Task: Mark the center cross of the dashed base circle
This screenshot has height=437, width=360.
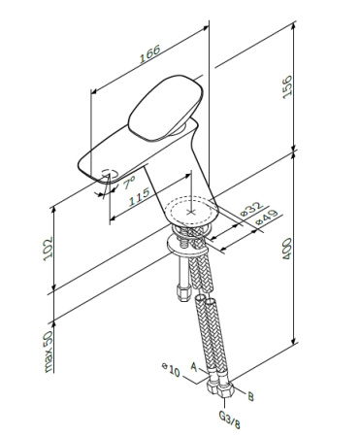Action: tap(191, 208)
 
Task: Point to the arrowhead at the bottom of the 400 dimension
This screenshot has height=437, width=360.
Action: tap(293, 344)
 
